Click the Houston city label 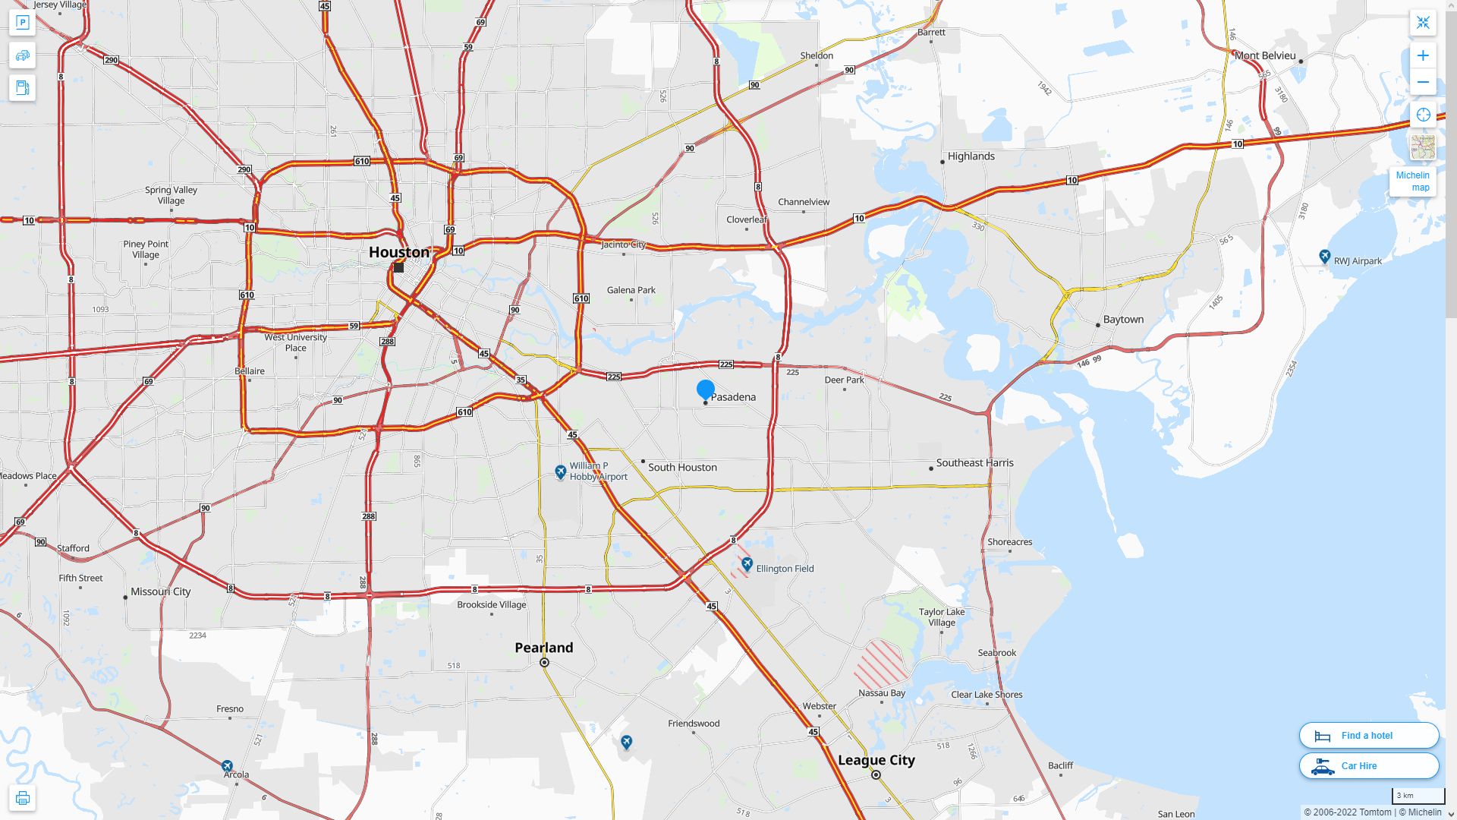[399, 252]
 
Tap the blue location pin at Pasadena [706, 389]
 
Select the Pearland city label [544, 648]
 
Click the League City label [876, 760]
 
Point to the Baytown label [1123, 320]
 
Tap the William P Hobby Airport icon [561, 472]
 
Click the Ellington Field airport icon [747, 564]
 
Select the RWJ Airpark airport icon [1325, 257]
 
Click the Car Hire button [1369, 765]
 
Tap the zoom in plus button [1423, 55]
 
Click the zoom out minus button [1423, 82]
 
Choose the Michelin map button [1413, 181]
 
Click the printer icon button [22, 798]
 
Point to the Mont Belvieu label [1265, 55]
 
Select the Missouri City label [161, 591]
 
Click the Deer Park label [845, 380]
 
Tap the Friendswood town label [693, 724]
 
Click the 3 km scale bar [1418, 796]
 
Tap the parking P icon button [22, 23]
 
